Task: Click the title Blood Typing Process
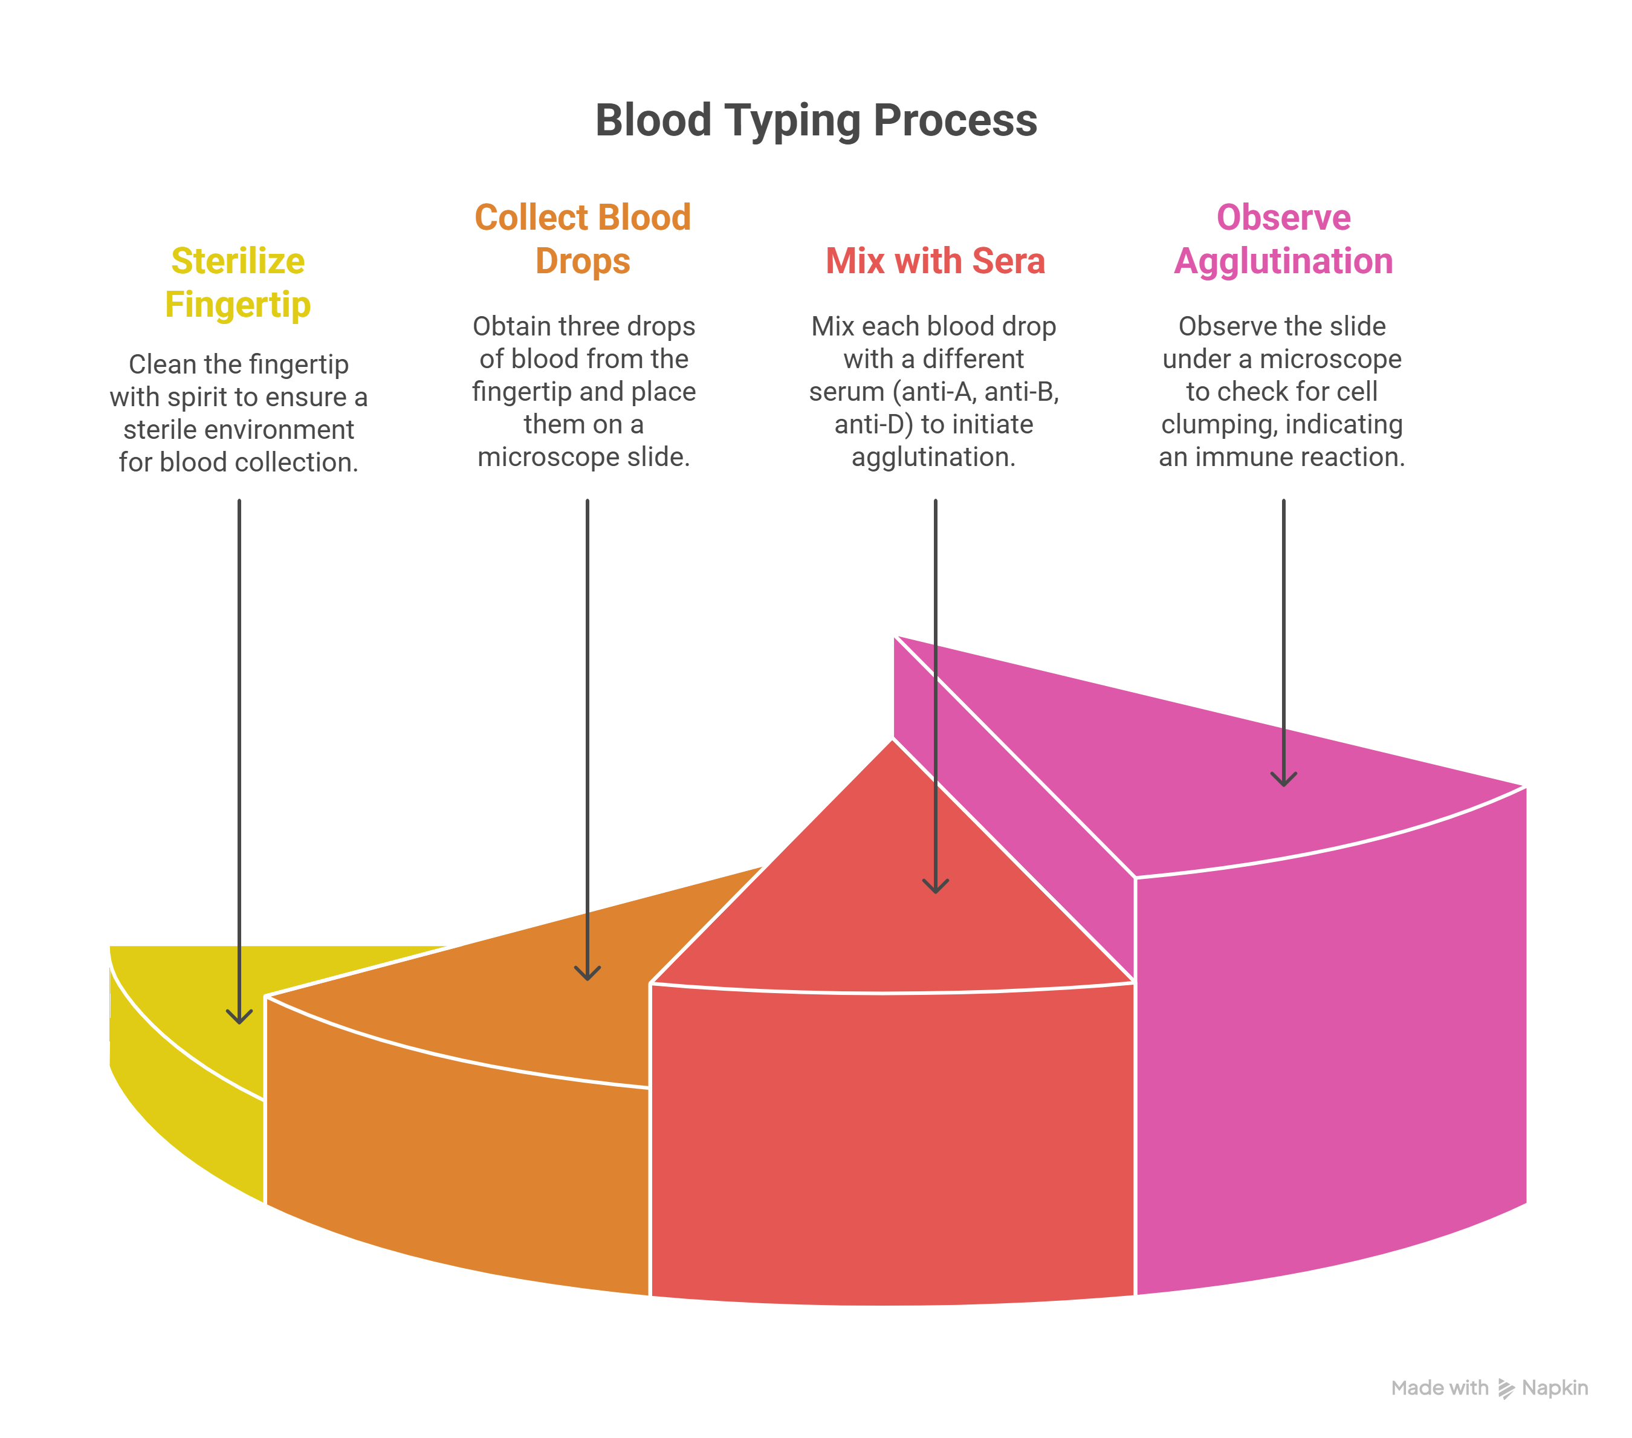[x=815, y=120]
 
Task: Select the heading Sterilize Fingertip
[x=238, y=283]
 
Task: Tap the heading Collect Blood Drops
[x=583, y=239]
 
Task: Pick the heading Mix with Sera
[x=935, y=261]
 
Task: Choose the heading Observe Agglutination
[x=1283, y=239]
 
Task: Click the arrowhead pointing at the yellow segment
[x=239, y=1017]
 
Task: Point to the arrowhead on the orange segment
[x=588, y=973]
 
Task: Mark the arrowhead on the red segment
[x=935, y=886]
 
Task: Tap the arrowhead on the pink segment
[x=1283, y=779]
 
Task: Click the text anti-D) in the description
[x=873, y=424]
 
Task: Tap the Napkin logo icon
[x=1506, y=1388]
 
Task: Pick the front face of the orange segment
[x=455, y=1158]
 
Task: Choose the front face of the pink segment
[x=1329, y=1062]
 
